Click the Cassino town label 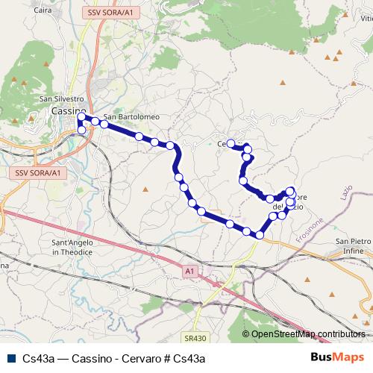69,110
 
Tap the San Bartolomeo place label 131,116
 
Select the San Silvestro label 61,98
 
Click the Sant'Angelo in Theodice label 72,248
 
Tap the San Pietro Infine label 352,245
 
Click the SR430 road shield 192,338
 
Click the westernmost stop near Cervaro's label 231,143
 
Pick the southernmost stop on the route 259,235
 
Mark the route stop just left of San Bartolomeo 95,122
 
